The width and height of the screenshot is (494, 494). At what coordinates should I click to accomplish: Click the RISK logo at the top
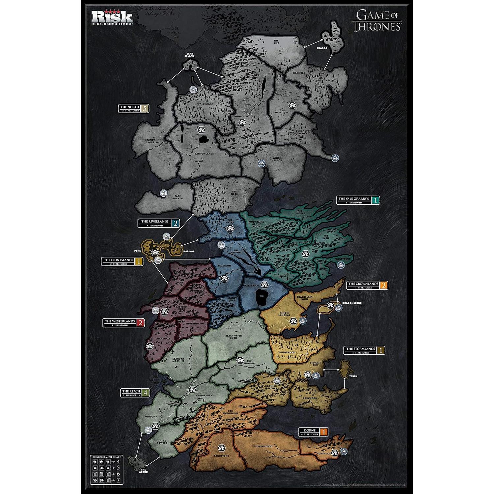(112, 17)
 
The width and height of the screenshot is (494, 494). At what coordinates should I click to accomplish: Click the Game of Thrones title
(377, 21)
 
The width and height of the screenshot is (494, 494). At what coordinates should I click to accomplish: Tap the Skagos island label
(322, 48)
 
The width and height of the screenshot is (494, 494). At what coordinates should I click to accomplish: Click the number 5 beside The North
(145, 108)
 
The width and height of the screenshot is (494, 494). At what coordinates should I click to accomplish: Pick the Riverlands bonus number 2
(176, 223)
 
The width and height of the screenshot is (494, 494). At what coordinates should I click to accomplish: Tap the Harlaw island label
(188, 251)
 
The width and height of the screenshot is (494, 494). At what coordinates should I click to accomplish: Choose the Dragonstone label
(351, 303)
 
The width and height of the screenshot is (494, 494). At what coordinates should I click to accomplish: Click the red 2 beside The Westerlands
(141, 323)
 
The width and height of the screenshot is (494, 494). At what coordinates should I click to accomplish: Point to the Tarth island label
(353, 376)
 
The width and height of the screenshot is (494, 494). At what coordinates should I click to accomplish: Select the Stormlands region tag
(360, 350)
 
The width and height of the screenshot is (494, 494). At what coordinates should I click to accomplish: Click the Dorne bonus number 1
(324, 432)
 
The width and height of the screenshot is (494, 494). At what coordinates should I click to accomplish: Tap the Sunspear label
(322, 453)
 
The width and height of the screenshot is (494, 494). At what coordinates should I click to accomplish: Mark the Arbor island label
(143, 471)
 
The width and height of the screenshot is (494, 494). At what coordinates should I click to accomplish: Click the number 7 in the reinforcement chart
(118, 483)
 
